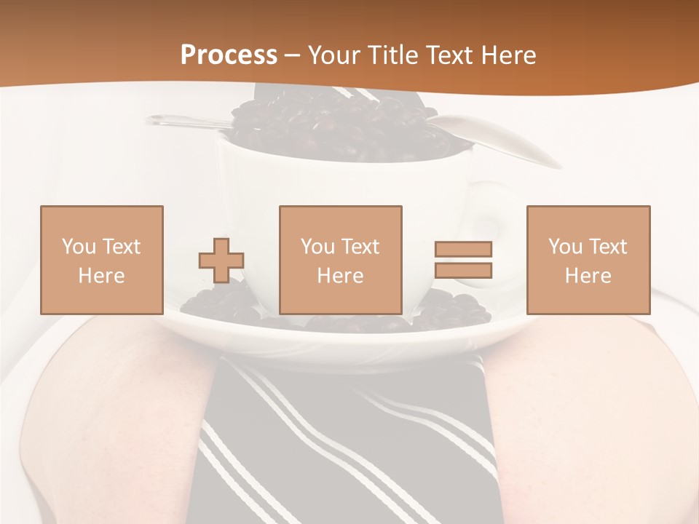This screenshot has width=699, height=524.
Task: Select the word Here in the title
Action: (x=507, y=55)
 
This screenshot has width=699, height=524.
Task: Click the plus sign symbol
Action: (x=221, y=261)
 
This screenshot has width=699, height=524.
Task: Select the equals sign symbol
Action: (x=463, y=260)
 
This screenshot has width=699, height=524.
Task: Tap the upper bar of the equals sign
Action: (x=463, y=249)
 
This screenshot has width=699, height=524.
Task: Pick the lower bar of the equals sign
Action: (x=463, y=271)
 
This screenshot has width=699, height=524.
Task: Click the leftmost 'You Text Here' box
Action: (x=102, y=260)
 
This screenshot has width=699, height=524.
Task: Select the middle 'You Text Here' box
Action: (x=340, y=260)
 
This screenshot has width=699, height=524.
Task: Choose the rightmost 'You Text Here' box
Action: (x=588, y=260)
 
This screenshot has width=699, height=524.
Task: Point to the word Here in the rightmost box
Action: (x=588, y=276)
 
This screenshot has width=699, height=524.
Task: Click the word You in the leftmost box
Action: (x=78, y=247)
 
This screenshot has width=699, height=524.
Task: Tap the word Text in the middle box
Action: (x=360, y=247)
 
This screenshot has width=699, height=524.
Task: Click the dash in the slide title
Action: (x=292, y=56)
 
